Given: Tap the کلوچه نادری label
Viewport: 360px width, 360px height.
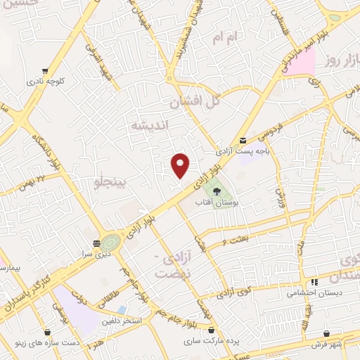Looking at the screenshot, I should coord(65,82).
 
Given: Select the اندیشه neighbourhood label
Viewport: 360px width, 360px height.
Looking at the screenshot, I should coord(148,125).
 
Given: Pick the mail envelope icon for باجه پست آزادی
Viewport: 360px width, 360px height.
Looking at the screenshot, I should coord(243,140).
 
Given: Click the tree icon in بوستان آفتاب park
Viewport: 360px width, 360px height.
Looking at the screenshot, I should coord(216,191).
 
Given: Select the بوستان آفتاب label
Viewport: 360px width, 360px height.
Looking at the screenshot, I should coord(224,202).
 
